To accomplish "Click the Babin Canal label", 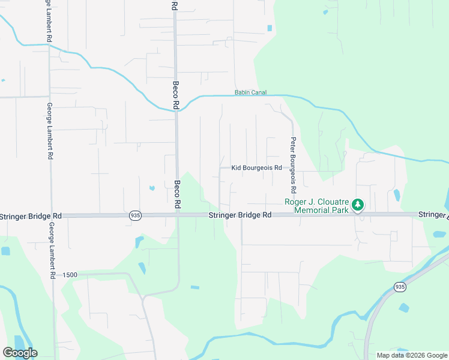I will [x=250, y=92].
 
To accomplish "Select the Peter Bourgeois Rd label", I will [x=293, y=165].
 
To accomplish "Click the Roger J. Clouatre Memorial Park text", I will [x=316, y=206].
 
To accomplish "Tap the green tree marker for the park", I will [x=358, y=205].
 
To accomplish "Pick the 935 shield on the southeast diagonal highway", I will [x=400, y=287].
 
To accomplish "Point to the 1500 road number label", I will [x=70, y=274].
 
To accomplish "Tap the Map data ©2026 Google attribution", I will [x=411, y=355].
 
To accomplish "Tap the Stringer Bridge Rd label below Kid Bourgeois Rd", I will [x=240, y=215].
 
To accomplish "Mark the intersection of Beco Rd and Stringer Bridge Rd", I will [x=177, y=215].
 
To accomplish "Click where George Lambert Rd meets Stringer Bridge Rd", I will [x=51, y=215].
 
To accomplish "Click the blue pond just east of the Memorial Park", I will [x=396, y=195].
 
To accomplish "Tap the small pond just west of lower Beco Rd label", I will [x=152, y=188].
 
